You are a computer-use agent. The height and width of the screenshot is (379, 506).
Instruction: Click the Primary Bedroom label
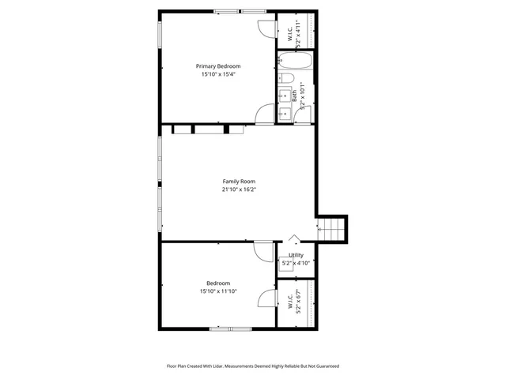coord(218,66)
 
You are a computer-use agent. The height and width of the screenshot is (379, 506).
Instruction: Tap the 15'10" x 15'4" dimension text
coord(218,74)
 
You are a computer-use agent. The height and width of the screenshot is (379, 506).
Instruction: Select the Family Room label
coord(239,182)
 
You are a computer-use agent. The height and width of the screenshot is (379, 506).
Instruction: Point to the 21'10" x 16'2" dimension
coord(239,189)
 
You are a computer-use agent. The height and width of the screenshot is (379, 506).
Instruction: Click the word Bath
coord(294,93)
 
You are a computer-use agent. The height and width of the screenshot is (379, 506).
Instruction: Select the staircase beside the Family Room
coord(332,228)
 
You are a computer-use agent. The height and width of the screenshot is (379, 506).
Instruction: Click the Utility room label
coord(296,255)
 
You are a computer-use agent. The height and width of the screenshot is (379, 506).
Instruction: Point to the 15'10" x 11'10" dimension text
coord(219,291)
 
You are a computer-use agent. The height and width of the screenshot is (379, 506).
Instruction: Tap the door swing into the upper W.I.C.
coord(266,28)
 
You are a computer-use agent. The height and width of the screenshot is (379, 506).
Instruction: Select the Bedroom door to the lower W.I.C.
coord(266,298)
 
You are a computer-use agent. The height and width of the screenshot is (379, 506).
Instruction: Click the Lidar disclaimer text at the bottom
coord(252,366)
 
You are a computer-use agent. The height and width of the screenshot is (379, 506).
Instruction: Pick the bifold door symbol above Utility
coord(294,238)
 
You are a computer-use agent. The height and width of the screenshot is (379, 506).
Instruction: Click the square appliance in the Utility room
coord(285,265)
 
